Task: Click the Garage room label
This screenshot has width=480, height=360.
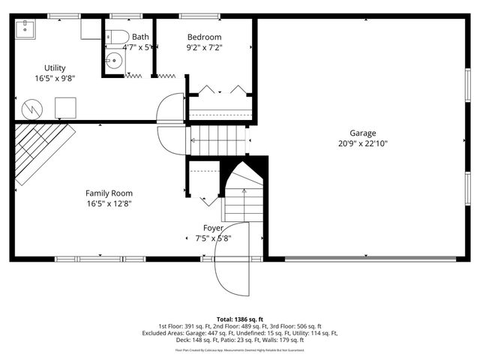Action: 362,133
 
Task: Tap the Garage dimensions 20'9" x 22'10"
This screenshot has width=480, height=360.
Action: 362,143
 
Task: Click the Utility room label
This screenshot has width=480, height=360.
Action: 55,67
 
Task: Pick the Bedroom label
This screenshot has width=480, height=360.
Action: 204,37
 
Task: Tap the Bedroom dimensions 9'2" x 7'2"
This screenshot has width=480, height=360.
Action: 204,47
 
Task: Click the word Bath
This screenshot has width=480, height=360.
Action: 140,37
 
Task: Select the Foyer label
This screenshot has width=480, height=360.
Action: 213,227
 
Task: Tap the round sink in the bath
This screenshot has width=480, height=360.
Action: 114,61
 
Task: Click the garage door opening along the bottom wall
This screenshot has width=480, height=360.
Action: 370,259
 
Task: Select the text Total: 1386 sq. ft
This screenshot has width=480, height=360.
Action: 239,319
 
